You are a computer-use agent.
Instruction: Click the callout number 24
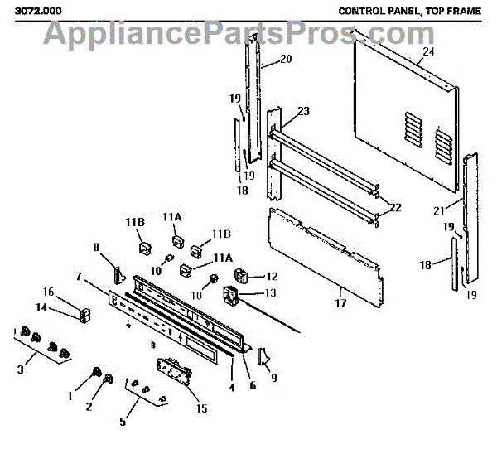point(427,51)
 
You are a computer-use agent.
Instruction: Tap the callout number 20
point(287,59)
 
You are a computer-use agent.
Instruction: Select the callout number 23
point(303,112)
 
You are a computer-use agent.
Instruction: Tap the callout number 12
point(271,275)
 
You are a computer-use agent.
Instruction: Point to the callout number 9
point(274,378)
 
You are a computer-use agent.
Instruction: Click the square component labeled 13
point(234,293)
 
